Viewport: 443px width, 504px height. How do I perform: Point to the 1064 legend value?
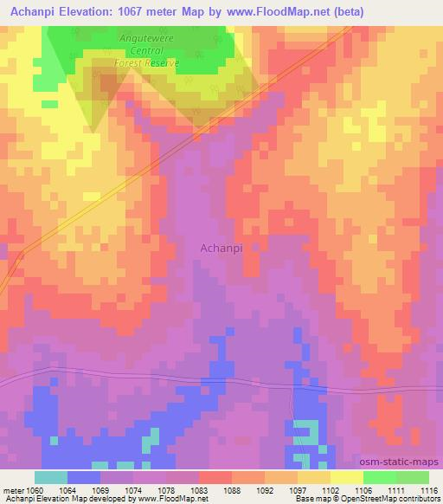(x=68, y=490)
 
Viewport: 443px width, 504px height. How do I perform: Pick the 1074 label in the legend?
(x=134, y=490)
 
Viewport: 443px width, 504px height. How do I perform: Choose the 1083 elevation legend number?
(x=200, y=490)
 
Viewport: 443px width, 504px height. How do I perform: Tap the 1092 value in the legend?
(x=266, y=490)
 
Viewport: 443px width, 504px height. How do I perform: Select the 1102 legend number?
(x=331, y=490)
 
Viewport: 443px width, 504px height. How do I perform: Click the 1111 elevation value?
(x=396, y=490)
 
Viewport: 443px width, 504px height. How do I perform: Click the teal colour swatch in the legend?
(x=51, y=477)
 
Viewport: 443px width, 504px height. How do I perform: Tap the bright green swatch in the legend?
(x=380, y=477)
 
